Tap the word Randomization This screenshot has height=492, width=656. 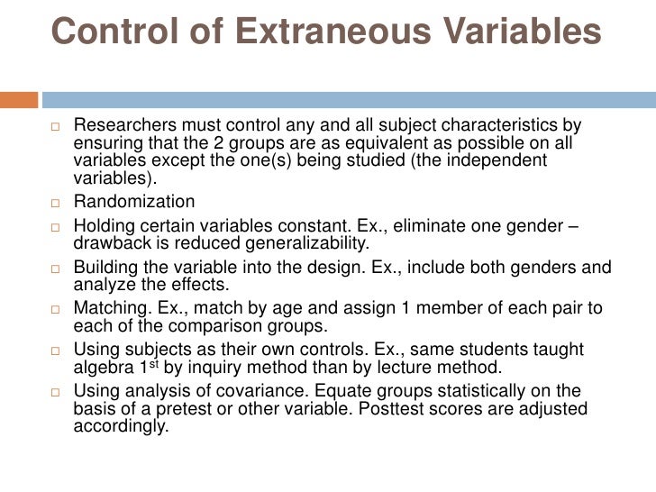coord(133,201)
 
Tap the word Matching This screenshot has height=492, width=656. coord(109,308)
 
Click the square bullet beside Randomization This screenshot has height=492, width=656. coord(57,202)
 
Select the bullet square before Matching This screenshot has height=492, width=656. coord(57,309)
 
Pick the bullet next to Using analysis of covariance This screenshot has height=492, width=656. coord(57,392)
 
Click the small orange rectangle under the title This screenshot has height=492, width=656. coord(19,97)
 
